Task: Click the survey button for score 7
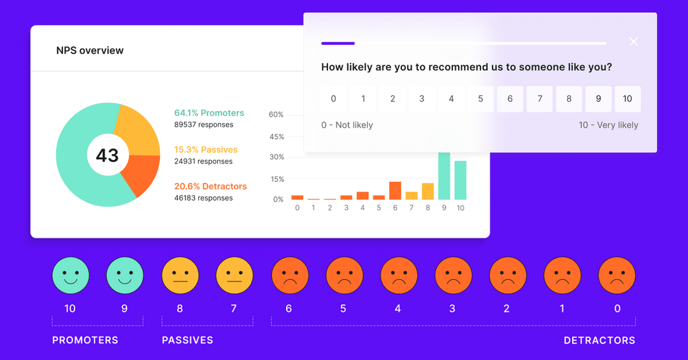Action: (540, 99)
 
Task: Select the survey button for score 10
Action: (627, 99)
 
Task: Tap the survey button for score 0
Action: (333, 99)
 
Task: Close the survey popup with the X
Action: (633, 42)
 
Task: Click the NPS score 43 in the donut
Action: (107, 155)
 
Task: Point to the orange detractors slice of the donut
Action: (140, 176)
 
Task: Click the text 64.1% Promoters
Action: (209, 113)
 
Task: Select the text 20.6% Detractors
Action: (210, 187)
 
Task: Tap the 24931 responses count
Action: (203, 161)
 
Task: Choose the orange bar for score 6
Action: (395, 191)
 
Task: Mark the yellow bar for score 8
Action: (427, 191)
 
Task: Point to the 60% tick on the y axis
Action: (276, 115)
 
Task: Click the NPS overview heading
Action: (90, 50)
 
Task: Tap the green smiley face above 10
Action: (70, 275)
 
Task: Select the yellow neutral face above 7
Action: (234, 275)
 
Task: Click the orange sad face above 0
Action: (617, 275)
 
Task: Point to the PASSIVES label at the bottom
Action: (187, 340)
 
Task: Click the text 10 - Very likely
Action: (608, 125)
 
